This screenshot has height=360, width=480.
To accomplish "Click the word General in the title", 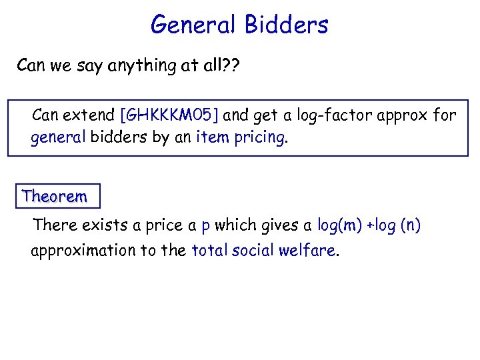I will pos(193,25).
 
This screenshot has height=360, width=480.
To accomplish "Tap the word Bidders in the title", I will pos(287,25).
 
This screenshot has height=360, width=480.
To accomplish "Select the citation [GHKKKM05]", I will pos(169,115).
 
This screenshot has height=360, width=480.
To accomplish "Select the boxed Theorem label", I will pos(54,196).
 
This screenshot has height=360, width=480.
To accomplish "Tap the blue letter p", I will pos(206,226).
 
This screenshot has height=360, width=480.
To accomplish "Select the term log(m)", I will pos(337,225).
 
